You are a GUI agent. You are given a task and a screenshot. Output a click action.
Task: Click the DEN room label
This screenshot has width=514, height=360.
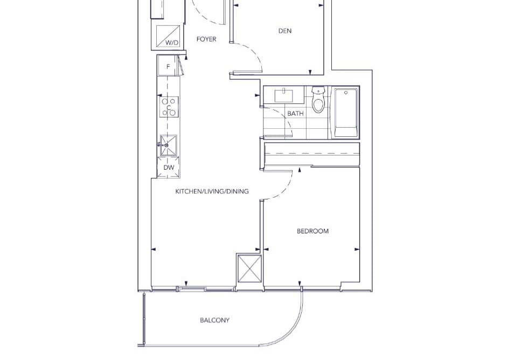(284, 31)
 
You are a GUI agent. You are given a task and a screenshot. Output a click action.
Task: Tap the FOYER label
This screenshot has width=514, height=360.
(206, 39)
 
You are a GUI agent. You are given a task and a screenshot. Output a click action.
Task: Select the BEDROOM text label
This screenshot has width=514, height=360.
(312, 231)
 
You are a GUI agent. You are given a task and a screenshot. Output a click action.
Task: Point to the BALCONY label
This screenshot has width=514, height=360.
(215, 320)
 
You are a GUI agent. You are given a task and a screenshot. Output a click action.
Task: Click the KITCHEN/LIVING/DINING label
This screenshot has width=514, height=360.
(212, 191)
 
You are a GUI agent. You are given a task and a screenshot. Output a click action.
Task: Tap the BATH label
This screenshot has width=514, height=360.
(295, 113)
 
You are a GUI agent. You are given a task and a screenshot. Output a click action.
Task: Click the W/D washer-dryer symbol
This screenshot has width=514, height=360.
(168, 37)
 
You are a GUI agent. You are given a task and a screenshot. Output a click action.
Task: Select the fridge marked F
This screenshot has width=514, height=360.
(168, 66)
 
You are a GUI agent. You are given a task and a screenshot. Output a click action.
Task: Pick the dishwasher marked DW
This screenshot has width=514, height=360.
(169, 168)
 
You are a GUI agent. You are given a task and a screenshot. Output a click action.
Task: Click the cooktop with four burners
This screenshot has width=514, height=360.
(169, 107)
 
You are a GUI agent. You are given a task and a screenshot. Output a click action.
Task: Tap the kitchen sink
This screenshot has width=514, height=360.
(168, 146)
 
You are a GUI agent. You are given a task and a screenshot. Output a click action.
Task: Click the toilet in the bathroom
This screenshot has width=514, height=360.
(318, 99)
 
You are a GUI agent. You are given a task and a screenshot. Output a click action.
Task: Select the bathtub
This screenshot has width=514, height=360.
(345, 113)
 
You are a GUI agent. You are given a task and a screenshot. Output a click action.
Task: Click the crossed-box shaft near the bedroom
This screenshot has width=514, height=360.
(249, 268)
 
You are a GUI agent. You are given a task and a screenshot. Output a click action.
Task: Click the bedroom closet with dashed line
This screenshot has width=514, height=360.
(312, 154)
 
